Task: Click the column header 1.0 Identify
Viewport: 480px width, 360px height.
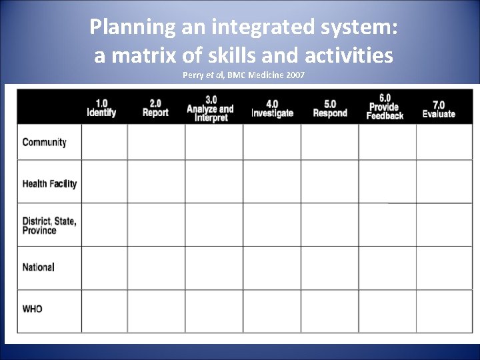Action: [x=101, y=108]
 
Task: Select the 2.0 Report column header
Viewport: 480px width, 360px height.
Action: [x=155, y=108]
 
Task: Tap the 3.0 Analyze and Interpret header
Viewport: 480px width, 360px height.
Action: [x=210, y=108]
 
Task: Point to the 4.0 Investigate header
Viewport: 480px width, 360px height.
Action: [x=272, y=108]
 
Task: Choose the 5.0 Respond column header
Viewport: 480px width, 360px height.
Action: [x=330, y=108]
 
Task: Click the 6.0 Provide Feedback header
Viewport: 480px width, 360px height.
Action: [x=385, y=107]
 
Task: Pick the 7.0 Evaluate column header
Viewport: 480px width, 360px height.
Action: [x=439, y=108]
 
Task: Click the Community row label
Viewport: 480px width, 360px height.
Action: [x=45, y=142]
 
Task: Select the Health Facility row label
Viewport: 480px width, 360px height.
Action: [x=49, y=183]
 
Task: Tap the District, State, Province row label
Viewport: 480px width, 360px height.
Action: [x=49, y=225]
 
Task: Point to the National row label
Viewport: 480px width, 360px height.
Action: [x=39, y=267]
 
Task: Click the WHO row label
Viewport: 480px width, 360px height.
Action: [x=33, y=309]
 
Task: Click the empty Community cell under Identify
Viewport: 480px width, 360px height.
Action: [x=105, y=142]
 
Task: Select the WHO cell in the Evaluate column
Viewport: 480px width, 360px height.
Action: [x=444, y=311]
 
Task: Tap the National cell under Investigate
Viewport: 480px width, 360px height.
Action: [x=271, y=268]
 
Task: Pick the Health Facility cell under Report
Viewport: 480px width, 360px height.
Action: [x=156, y=181]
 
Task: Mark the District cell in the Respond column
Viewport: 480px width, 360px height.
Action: [x=329, y=225]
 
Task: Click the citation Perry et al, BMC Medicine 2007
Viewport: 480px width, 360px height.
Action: [x=243, y=75]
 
